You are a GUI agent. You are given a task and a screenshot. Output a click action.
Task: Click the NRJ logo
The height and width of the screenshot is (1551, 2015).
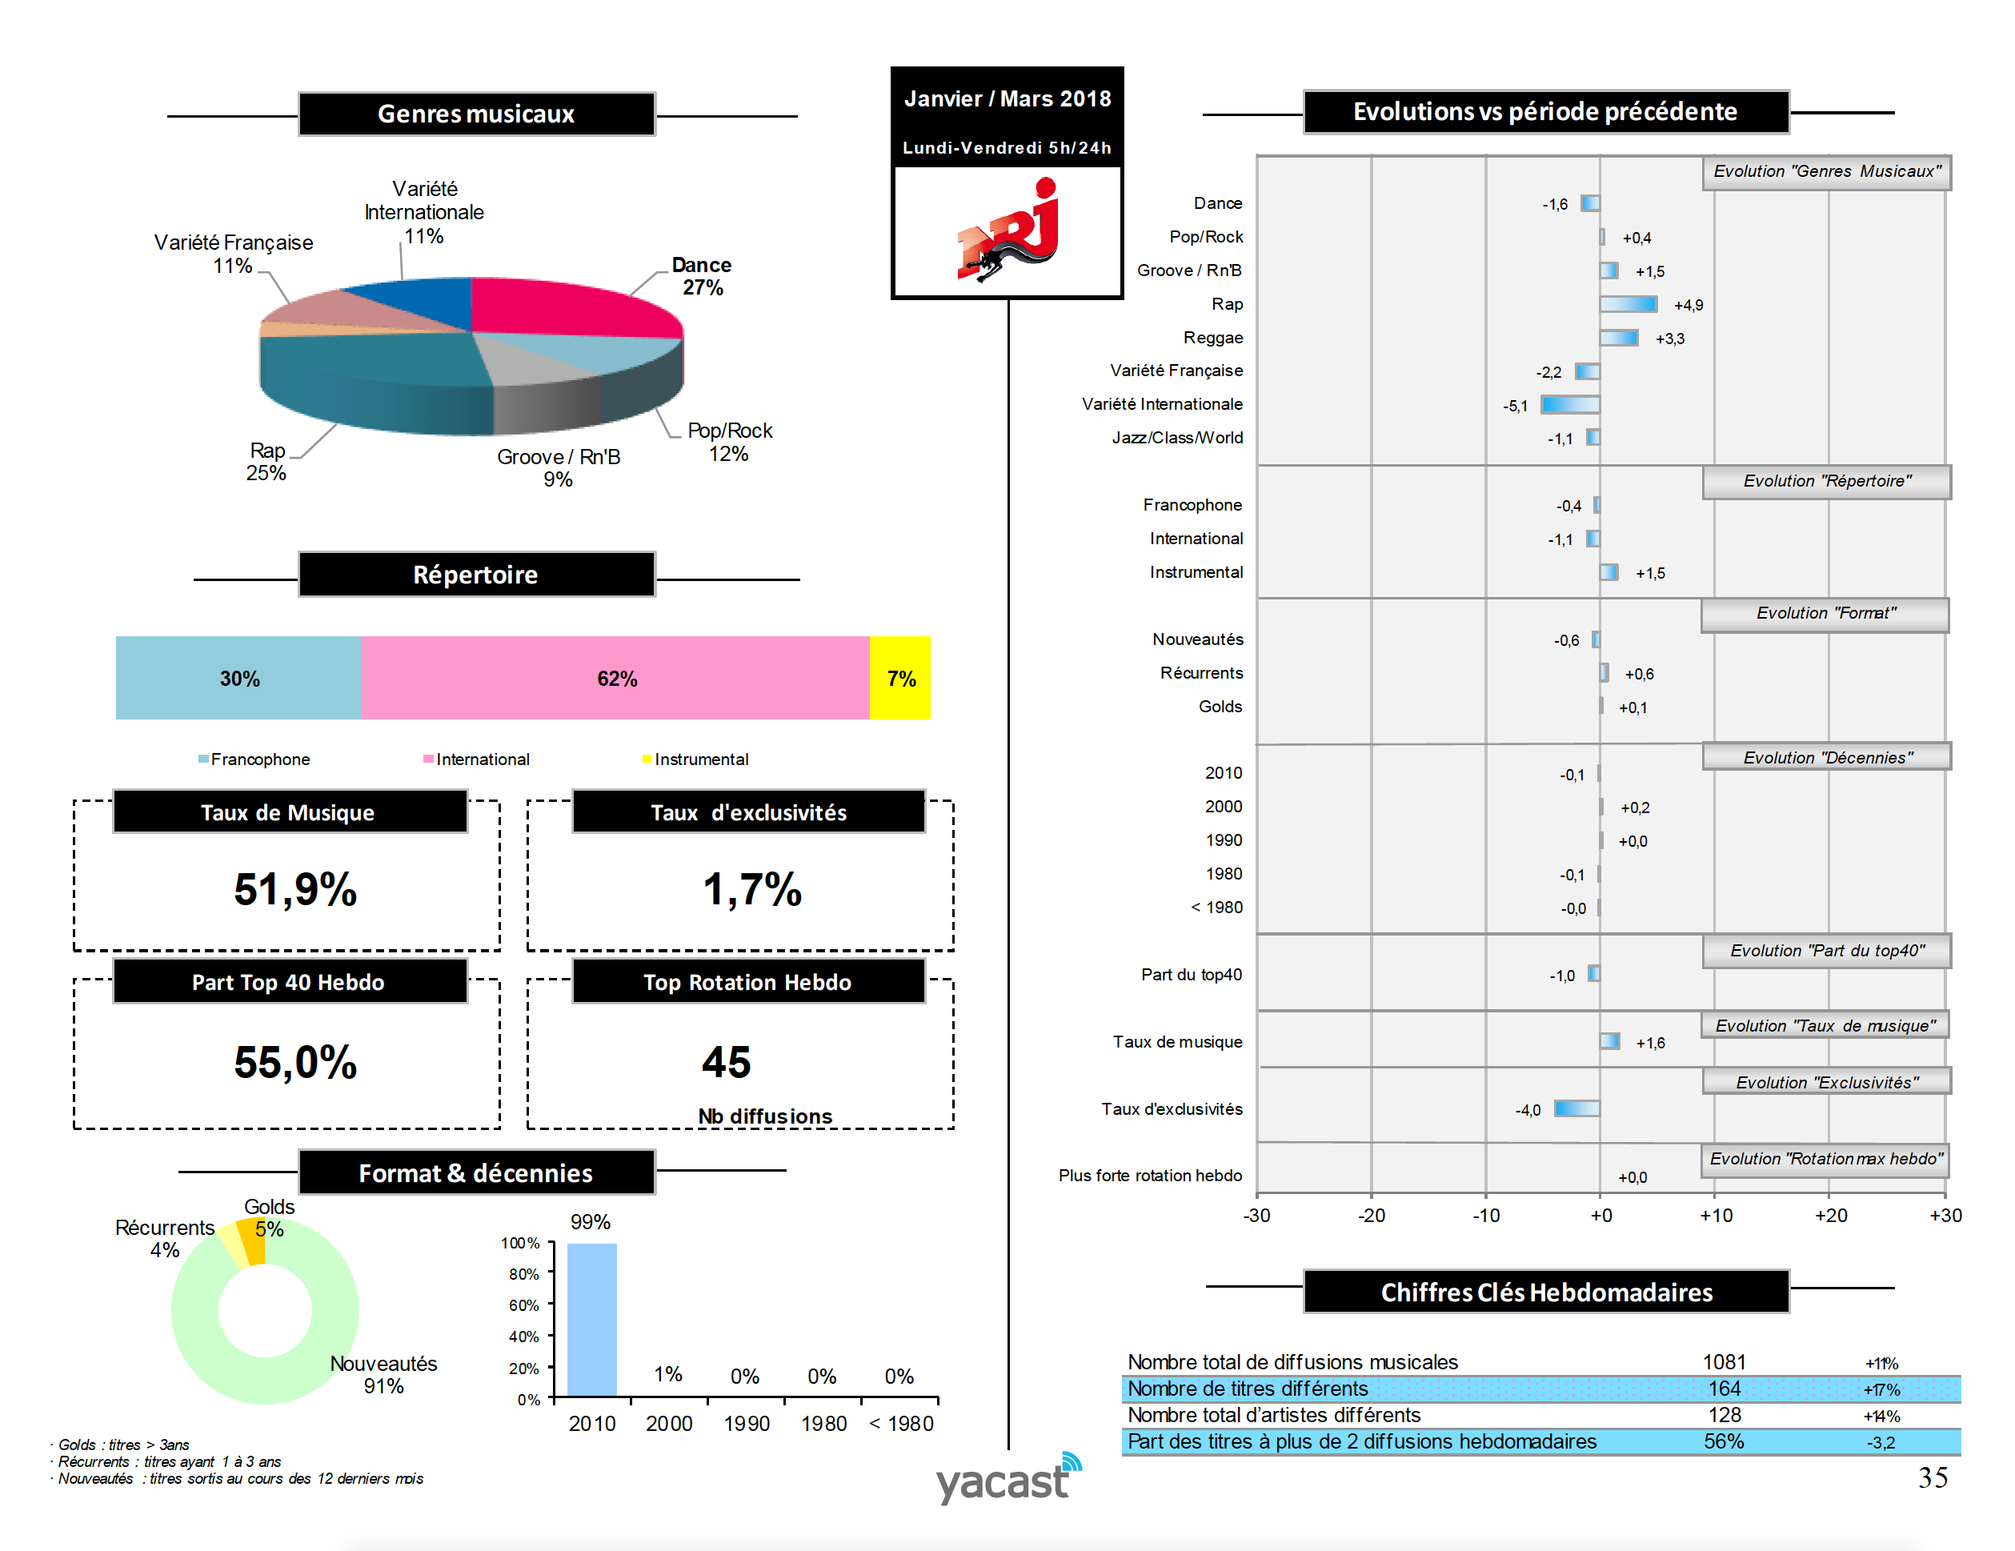pyautogui.click(x=1007, y=230)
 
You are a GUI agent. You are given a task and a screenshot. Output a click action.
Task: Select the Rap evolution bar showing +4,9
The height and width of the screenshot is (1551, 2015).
pyautogui.click(x=1628, y=304)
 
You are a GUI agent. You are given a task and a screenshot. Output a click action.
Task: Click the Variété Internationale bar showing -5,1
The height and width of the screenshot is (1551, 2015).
pyautogui.click(x=1570, y=404)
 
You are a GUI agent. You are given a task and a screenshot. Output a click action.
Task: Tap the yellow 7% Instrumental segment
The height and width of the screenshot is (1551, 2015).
pyautogui.click(x=899, y=678)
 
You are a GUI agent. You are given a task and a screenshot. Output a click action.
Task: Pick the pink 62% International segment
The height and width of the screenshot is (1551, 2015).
pyautogui.click(x=615, y=678)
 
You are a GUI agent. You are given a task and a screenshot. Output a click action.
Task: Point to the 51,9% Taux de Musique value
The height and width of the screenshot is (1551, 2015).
pyautogui.click(x=295, y=889)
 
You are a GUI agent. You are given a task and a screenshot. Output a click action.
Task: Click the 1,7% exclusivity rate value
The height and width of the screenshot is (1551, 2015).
pyautogui.click(x=752, y=889)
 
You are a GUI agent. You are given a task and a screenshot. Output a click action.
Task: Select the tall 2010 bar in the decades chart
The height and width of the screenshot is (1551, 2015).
pyautogui.click(x=591, y=1320)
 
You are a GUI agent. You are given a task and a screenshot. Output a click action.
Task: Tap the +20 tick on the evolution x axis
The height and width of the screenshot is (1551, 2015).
pyautogui.click(x=1830, y=1215)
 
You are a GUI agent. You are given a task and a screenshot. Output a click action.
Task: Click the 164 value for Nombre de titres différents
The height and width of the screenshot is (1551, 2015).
pyautogui.click(x=1724, y=1389)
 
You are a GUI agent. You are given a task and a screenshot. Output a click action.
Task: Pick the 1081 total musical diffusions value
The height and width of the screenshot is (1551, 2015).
pyautogui.click(x=1724, y=1362)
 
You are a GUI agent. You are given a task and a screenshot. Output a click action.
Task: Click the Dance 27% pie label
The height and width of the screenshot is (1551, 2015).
pyautogui.click(x=701, y=276)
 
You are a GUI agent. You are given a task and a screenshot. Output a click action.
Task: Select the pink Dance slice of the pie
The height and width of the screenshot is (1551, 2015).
pyautogui.click(x=572, y=307)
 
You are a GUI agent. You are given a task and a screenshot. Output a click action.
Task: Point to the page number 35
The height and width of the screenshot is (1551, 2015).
pyautogui.click(x=1933, y=1478)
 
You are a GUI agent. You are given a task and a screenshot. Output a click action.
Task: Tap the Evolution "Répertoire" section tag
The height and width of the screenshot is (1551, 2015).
pyautogui.click(x=1826, y=482)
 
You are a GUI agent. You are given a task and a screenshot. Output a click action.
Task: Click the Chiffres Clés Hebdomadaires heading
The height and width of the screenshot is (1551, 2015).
pyautogui.click(x=1545, y=1292)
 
